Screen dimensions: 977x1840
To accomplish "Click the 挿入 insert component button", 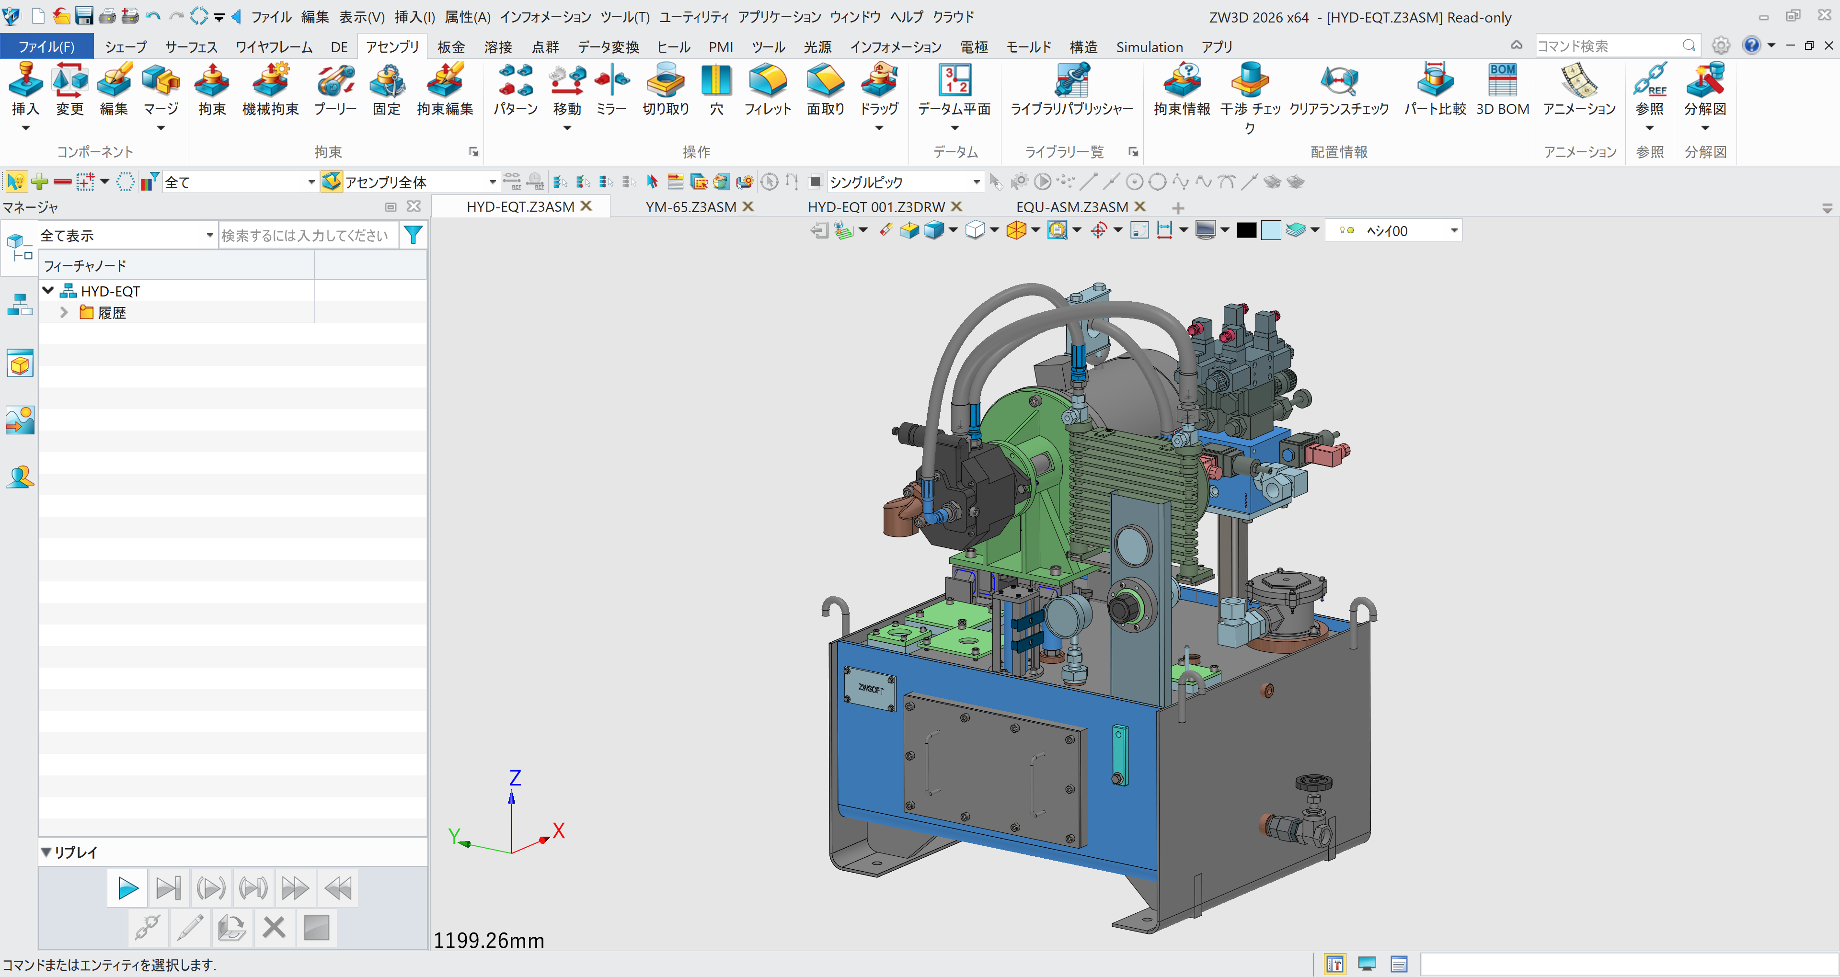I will [x=25, y=89].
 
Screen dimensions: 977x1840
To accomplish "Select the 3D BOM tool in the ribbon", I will [x=1502, y=89].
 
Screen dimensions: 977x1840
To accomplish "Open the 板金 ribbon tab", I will [x=451, y=47].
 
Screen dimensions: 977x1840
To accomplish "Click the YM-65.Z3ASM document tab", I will [x=690, y=207].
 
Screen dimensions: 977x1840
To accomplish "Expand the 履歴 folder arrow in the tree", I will [x=64, y=313].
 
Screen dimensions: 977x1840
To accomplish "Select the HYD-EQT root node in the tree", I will [x=110, y=291].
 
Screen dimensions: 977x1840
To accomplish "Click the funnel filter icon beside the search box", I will [x=413, y=235].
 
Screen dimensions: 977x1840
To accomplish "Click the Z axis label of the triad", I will [x=515, y=778].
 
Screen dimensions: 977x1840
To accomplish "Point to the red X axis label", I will [x=559, y=830].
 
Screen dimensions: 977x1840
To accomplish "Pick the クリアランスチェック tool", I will [x=1339, y=89].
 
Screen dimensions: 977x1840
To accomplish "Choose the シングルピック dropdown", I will [x=904, y=182].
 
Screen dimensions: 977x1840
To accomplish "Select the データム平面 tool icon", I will [x=954, y=89].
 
